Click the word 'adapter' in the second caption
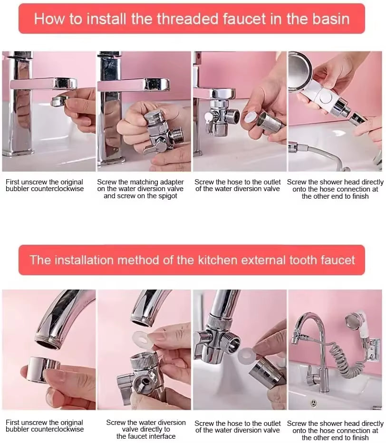coord(172,182)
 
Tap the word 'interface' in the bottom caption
coord(160,436)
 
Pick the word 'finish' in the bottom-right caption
coord(359,437)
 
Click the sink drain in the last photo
coord(313,403)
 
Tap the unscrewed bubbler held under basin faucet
coord(59,100)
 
